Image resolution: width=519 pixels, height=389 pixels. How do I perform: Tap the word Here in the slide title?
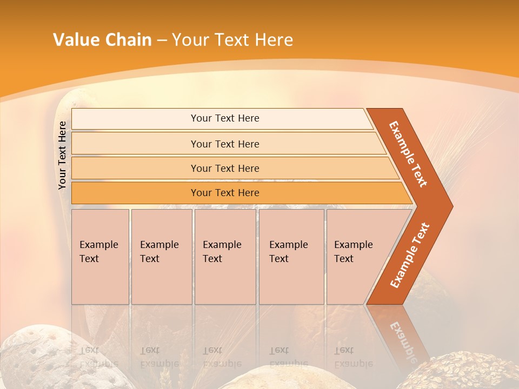pyautogui.click(x=274, y=40)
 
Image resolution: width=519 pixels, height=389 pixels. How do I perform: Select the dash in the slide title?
pyautogui.click(x=162, y=41)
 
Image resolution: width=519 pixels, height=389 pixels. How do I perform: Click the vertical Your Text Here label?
pyautogui.click(x=62, y=155)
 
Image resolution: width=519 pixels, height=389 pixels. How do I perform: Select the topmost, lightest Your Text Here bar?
pyautogui.click(x=225, y=118)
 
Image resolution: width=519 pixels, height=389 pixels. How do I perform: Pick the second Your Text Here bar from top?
pyautogui.click(x=225, y=144)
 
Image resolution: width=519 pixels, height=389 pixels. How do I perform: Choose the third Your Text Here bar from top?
pyautogui.click(x=225, y=168)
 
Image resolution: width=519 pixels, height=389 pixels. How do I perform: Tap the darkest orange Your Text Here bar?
pyautogui.click(x=225, y=193)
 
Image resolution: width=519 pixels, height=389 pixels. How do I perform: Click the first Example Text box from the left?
pyautogui.click(x=100, y=256)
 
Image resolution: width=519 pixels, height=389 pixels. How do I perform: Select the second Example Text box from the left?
pyautogui.click(x=161, y=256)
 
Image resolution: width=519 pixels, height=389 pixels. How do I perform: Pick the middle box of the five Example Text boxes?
pyautogui.click(x=225, y=256)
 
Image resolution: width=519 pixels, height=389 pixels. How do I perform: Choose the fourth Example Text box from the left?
pyautogui.click(x=291, y=256)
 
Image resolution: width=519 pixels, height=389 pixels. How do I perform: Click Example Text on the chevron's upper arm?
pyautogui.click(x=408, y=154)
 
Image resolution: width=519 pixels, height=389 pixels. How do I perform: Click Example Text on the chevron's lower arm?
pyautogui.click(x=409, y=256)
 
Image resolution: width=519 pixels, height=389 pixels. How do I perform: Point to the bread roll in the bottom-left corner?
pyautogui.click(x=38, y=359)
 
